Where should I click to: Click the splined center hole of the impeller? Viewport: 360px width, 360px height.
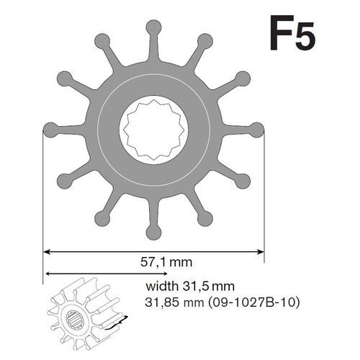point(153,130)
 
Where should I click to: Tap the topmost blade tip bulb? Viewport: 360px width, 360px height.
point(153,27)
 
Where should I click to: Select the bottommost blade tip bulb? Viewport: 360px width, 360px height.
point(153,231)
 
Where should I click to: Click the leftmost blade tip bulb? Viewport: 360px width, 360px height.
point(50,130)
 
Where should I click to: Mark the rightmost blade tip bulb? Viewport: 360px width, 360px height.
point(256,130)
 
